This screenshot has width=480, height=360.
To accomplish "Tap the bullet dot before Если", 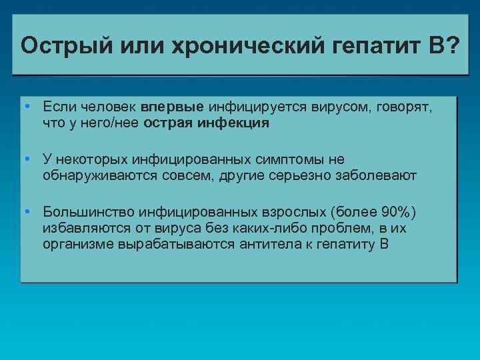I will (x=25, y=107).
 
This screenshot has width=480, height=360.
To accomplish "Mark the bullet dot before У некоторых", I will (x=25, y=159).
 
